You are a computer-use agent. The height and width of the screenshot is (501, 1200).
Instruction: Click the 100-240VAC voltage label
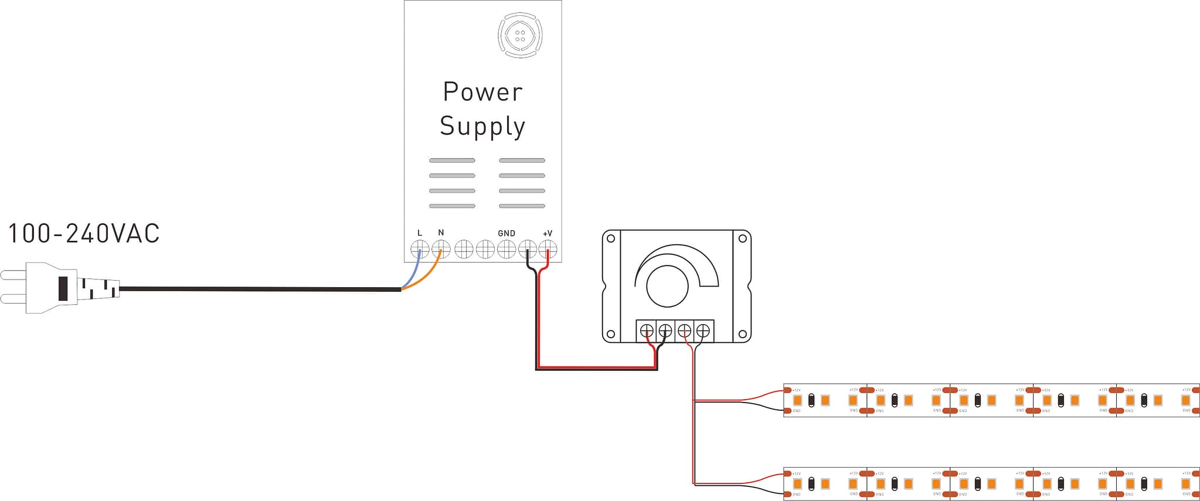[x=84, y=233]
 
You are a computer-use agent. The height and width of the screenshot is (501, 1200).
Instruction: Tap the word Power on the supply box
[x=482, y=92]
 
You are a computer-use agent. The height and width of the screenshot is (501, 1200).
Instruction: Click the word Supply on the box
[x=482, y=126]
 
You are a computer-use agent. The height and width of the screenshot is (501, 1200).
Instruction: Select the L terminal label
[x=420, y=233]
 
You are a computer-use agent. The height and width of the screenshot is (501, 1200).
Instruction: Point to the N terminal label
[x=441, y=233]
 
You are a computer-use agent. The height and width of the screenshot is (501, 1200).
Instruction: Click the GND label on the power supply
[x=506, y=233]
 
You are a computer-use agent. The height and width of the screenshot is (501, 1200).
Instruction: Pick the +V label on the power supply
[x=548, y=233]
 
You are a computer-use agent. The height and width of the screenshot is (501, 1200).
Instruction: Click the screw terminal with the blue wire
[x=420, y=250]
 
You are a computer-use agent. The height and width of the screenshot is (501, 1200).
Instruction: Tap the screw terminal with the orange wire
[x=441, y=250]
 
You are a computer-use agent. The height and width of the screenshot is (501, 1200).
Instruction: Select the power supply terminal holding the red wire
[x=548, y=250]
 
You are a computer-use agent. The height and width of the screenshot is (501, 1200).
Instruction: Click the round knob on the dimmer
[x=667, y=286]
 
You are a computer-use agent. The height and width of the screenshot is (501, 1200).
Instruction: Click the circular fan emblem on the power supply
[x=520, y=35]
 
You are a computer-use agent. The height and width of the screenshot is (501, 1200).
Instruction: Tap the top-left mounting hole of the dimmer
[x=611, y=238]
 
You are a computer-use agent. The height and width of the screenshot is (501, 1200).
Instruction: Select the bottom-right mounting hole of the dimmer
[x=742, y=335]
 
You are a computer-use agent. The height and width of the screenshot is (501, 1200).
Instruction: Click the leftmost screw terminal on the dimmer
[x=647, y=331]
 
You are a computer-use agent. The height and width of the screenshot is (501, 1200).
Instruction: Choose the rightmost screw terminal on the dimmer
[x=703, y=331]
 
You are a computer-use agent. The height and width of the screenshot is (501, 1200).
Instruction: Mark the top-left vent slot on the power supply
[x=452, y=160]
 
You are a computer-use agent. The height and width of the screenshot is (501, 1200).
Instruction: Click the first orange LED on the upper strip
[x=797, y=400]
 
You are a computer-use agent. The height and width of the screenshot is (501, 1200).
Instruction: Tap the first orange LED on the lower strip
[x=797, y=484]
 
